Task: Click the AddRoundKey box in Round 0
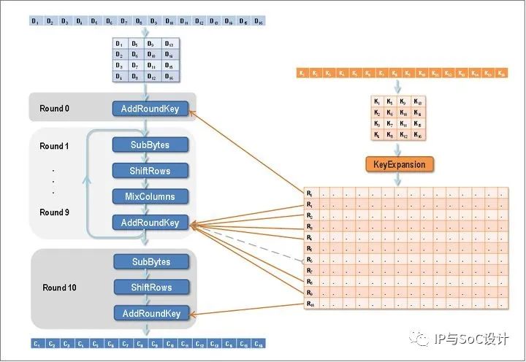pyautogui.click(x=150, y=109)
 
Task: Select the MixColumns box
pyautogui.click(x=150, y=197)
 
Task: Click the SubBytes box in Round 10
pyautogui.click(x=150, y=262)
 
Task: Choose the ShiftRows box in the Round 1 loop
pyautogui.click(x=150, y=171)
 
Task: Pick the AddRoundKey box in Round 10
pyautogui.click(x=150, y=314)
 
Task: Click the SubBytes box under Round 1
pyautogui.click(x=150, y=145)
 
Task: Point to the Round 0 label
pyautogui.click(x=55, y=109)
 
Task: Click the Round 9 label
pyautogui.click(x=55, y=212)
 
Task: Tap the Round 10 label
pyautogui.click(x=59, y=288)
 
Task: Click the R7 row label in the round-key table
pyautogui.click(x=310, y=271)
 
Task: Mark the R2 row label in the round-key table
pyautogui.click(x=310, y=216)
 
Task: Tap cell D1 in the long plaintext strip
pyautogui.click(x=36, y=21)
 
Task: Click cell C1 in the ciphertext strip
pyautogui.click(x=36, y=344)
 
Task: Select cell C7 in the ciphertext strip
pyautogui.click(x=125, y=344)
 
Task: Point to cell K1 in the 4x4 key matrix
pyautogui.click(x=376, y=101)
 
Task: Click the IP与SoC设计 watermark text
pyautogui.click(x=470, y=339)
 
